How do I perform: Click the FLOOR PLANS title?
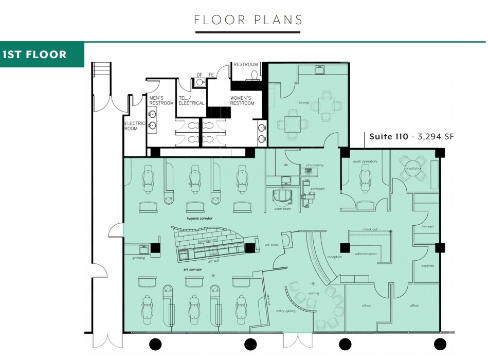(x=248, y=20)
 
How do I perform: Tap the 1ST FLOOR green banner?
(x=34, y=55)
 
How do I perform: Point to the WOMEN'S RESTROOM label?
(x=242, y=100)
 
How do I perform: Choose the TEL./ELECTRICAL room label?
(x=191, y=100)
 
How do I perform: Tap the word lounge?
(x=304, y=102)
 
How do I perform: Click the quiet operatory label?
(x=365, y=161)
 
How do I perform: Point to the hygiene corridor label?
(x=200, y=218)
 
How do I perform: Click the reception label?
(x=335, y=257)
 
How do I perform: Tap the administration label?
(x=366, y=254)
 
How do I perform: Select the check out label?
(x=370, y=229)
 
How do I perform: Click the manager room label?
(x=428, y=226)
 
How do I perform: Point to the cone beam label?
(x=282, y=209)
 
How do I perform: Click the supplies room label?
(x=428, y=265)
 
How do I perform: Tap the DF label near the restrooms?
(x=200, y=75)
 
